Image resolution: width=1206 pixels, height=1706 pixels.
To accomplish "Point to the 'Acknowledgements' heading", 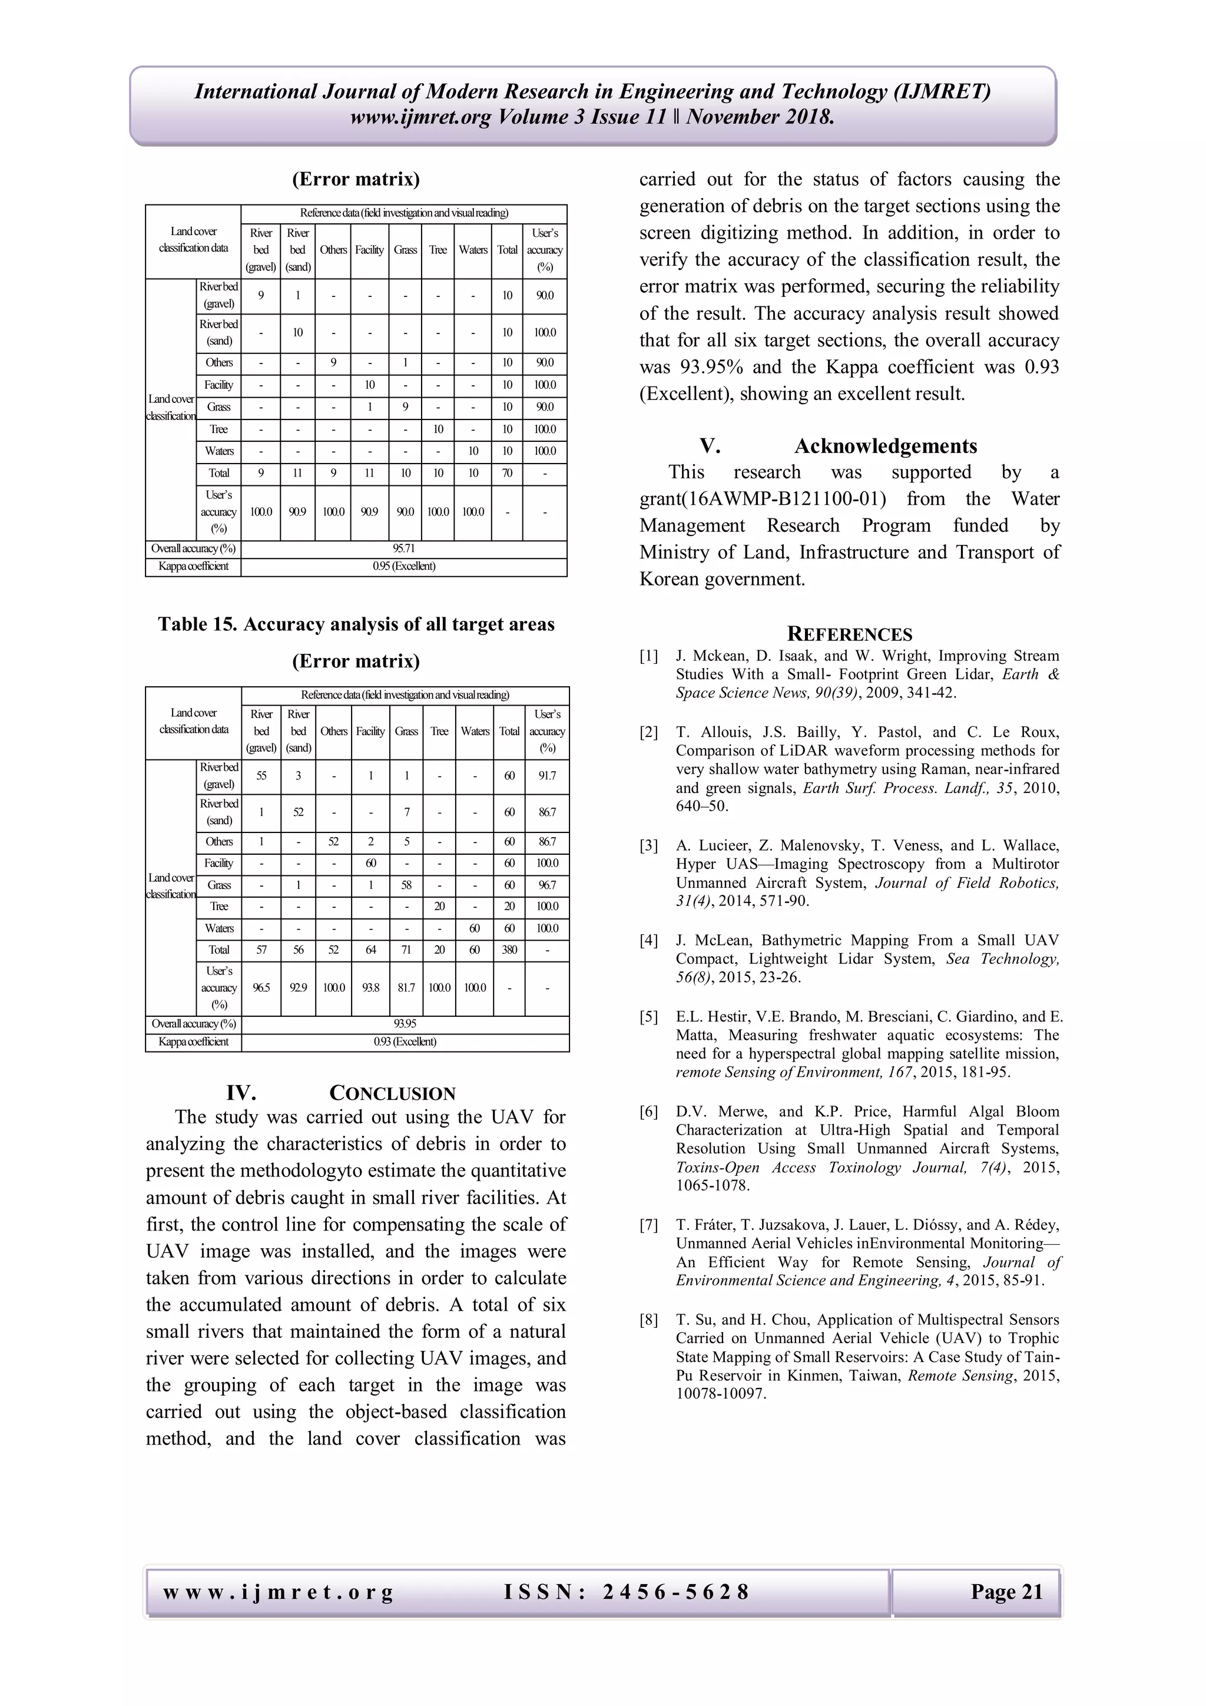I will [885, 446].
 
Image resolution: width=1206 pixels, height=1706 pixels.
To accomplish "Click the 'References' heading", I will [850, 634].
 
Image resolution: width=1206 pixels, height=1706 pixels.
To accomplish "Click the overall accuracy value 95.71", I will [404, 548].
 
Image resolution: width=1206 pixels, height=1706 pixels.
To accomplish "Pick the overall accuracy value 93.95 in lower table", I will [405, 1024].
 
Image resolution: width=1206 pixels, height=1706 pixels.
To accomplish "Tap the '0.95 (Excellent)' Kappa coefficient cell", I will [404, 566].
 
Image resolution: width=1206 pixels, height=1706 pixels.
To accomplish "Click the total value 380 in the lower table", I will [509, 950].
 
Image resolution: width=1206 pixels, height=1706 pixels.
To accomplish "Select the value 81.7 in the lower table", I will [406, 987].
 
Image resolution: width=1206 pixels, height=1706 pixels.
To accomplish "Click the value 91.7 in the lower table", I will [546, 776].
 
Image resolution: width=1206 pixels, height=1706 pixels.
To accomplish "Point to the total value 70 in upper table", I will [506, 472].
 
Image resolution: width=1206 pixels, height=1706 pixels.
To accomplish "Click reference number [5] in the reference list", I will [648, 1016].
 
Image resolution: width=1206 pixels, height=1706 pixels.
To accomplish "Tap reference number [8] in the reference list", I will [648, 1320].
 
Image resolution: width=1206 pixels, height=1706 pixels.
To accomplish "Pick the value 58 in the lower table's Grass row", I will [406, 885].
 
